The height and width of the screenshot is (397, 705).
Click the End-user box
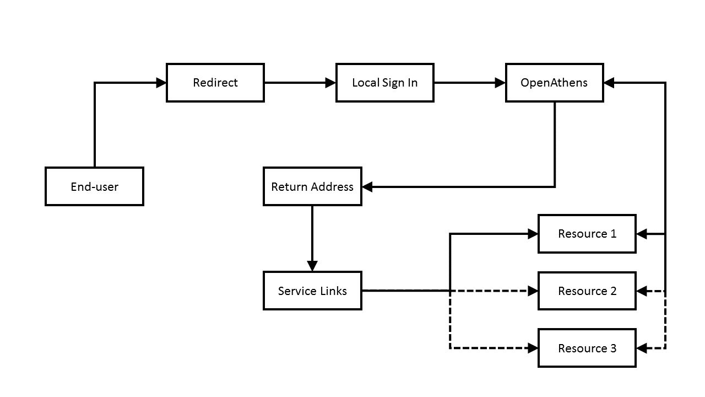(x=94, y=186)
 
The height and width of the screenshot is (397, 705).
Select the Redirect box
(x=215, y=83)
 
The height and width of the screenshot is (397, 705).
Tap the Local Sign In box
(x=385, y=83)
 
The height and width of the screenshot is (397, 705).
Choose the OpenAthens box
(x=555, y=83)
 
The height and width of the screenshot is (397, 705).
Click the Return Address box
(x=312, y=186)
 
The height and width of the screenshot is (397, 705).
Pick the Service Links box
(x=312, y=291)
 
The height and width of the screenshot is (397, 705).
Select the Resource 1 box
(x=587, y=234)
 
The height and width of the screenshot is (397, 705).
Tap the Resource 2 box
(x=587, y=291)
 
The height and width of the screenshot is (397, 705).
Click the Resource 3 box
(x=587, y=348)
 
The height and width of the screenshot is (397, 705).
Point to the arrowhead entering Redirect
(x=161, y=83)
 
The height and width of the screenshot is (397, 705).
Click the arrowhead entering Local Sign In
(x=331, y=83)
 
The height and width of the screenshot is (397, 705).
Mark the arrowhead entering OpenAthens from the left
(x=501, y=83)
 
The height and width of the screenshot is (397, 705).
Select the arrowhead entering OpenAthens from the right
(x=609, y=83)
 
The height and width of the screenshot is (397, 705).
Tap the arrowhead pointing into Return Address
(x=367, y=187)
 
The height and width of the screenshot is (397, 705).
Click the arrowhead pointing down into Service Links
(x=312, y=266)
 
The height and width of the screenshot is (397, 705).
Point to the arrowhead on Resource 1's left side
(x=533, y=234)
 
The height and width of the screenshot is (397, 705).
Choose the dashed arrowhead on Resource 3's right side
(x=642, y=348)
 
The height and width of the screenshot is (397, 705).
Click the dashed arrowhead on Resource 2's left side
(x=533, y=291)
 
